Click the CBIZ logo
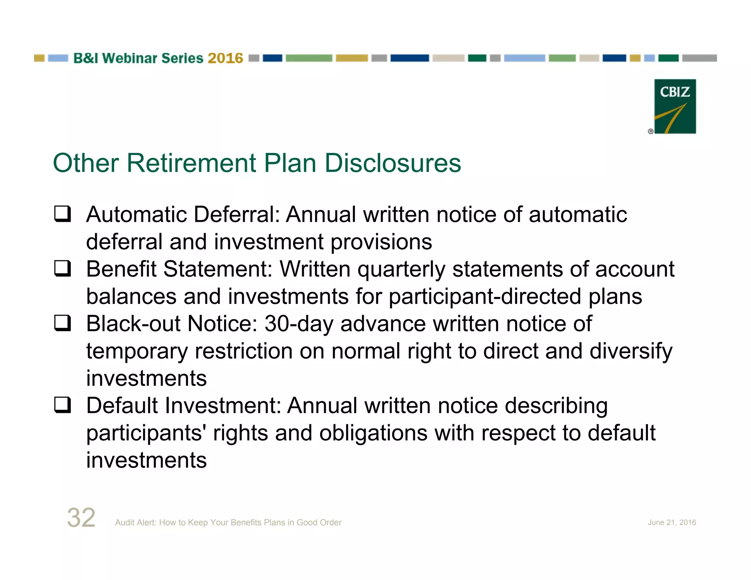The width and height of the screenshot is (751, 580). [675, 106]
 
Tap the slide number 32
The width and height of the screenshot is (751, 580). [81, 518]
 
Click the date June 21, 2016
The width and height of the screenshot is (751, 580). [671, 522]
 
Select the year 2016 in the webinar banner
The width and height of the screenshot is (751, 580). [225, 58]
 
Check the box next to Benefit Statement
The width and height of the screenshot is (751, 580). [62, 268]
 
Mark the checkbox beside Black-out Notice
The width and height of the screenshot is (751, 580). [62, 323]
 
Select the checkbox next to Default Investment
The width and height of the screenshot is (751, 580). [62, 405]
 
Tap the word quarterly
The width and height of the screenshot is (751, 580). [401, 270]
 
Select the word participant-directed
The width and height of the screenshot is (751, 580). [485, 297]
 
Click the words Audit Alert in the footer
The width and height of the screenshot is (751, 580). [135, 522]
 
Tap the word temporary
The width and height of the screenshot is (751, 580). [137, 351]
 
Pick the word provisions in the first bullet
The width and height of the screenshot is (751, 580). [381, 242]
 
